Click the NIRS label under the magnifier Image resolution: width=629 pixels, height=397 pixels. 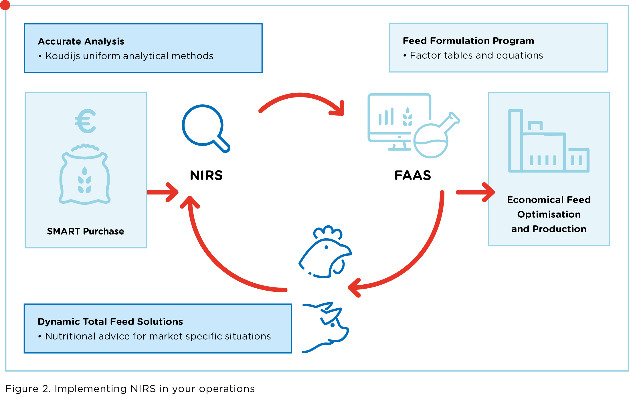point(206,175)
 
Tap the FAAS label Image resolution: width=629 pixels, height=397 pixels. point(413,175)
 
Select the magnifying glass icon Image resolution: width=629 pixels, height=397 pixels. point(205,128)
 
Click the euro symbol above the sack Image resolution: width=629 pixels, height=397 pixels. point(85,121)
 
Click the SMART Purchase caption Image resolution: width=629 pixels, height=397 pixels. point(85,231)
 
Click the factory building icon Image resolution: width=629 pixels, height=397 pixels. point(548,142)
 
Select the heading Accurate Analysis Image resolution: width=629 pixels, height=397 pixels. point(81,41)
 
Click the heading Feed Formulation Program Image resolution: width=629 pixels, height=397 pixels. point(468,41)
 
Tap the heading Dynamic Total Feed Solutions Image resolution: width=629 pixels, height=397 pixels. point(110,321)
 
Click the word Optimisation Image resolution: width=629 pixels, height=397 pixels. point(549,214)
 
